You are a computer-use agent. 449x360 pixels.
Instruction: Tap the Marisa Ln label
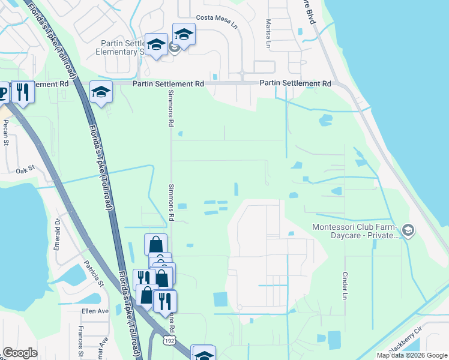coord(268,32)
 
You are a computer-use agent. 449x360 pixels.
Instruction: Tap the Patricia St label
coord(94,273)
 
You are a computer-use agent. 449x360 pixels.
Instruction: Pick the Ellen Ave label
coord(95,311)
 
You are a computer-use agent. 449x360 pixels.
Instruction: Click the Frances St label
coord(80,341)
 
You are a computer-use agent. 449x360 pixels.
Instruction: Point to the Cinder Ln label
coord(345,286)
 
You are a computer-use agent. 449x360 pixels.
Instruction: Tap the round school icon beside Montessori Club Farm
coord(408,230)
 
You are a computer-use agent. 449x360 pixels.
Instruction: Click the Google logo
coord(20,353)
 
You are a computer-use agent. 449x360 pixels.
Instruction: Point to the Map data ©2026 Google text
coord(412,355)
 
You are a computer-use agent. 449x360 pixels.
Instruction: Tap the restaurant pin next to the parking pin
coord(22,92)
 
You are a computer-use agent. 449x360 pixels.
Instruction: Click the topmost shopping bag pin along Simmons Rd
coord(155,244)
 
